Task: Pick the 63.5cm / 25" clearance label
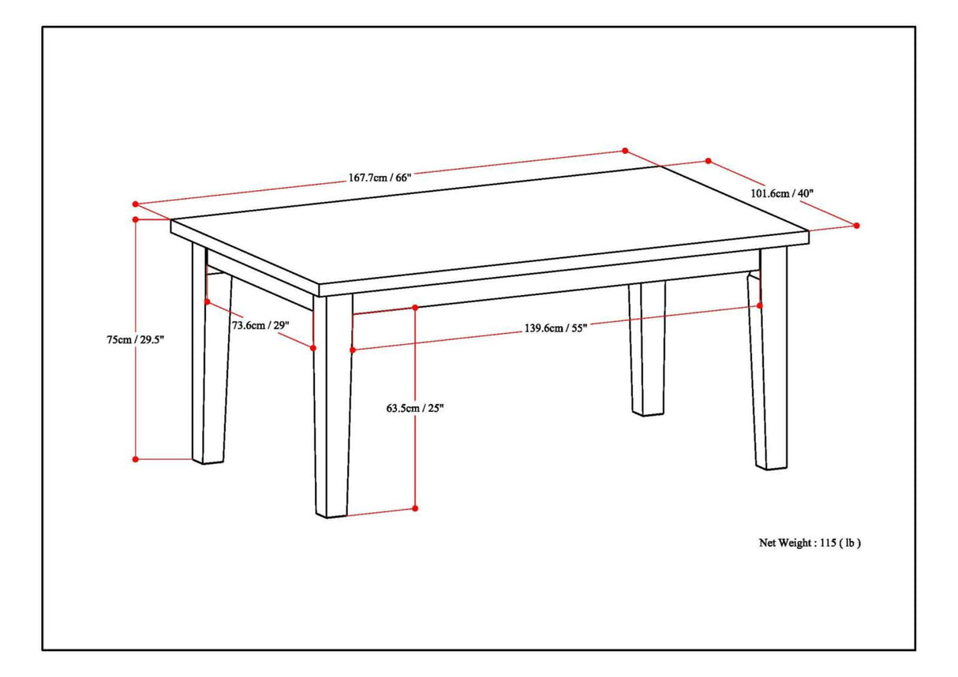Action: [415, 408]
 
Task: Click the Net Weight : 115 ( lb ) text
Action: [809, 543]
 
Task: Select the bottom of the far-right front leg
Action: [771, 466]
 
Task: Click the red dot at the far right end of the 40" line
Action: [857, 226]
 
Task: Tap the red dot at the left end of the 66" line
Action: [136, 203]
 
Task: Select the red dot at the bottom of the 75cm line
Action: [136, 458]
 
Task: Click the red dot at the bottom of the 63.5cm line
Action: [415, 509]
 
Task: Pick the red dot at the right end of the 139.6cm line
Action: [760, 305]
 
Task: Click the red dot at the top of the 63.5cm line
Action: [415, 306]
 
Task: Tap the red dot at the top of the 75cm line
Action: [136, 219]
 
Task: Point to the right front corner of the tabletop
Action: [809, 235]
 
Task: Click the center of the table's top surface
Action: [489, 225]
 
